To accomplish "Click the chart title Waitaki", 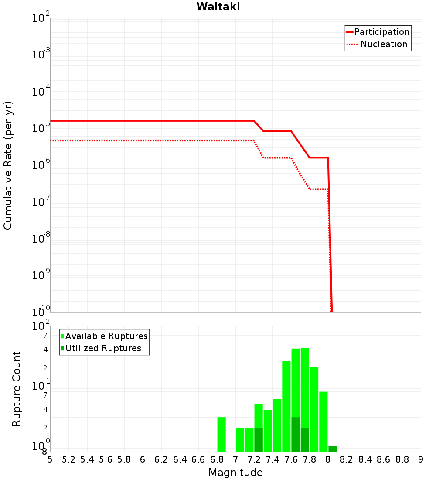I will tap(218, 7).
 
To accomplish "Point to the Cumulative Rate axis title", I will tap(8, 165).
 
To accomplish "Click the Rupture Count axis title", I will tap(17, 389).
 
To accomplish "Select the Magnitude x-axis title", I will tap(235, 473).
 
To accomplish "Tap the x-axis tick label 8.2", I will tap(347, 459).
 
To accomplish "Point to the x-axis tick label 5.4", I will tap(87, 459).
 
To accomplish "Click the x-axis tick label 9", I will tap(421, 459).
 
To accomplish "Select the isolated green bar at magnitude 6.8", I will tap(221, 434).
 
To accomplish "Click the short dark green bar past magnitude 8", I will tap(333, 449).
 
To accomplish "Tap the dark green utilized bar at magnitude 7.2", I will tap(259, 439).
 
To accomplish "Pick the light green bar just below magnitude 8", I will tap(324, 421).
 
